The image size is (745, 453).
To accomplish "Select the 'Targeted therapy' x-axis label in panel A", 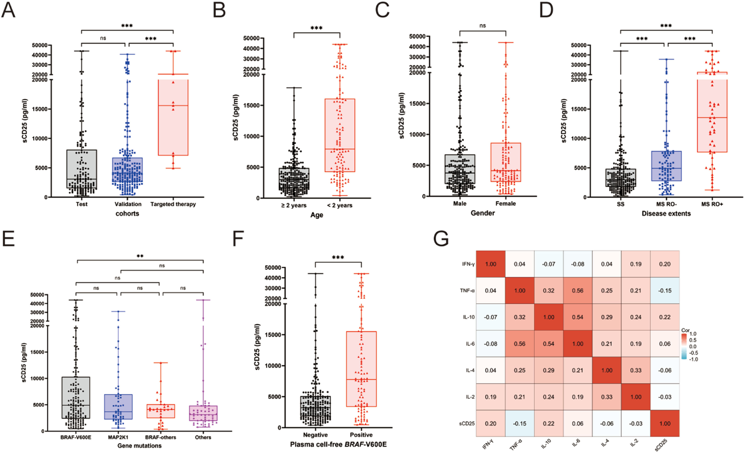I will (173, 204).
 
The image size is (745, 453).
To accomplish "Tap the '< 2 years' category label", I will (340, 206).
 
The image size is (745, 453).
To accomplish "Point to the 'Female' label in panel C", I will (506, 204).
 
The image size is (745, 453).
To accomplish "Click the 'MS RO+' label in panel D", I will (712, 204).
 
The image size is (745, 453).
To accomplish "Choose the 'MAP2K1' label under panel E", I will (118, 437).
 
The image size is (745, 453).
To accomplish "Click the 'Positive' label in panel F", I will (361, 435).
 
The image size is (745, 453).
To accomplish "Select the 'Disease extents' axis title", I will (666, 214).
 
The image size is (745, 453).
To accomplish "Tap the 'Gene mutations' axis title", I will (139, 446).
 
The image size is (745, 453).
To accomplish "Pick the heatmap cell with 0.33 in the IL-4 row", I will (636, 370).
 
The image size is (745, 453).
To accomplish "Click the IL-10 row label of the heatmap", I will (469, 317).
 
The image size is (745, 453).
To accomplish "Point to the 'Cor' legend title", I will (685, 330).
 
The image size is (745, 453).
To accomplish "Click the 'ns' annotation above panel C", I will (483, 26).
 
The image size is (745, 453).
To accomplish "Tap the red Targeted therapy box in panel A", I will (173, 121).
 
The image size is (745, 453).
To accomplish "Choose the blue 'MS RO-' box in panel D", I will (666, 166).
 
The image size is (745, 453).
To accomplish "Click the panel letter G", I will (441, 239).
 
